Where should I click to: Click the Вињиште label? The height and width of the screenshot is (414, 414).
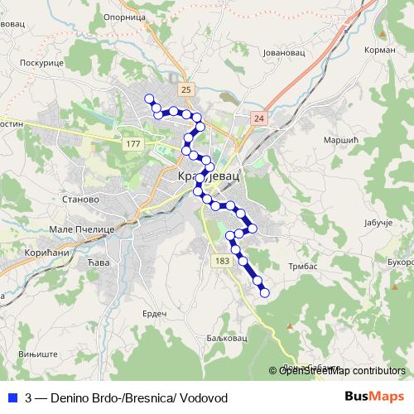(x=38, y=353)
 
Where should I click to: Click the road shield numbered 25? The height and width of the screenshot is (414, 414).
(x=185, y=89)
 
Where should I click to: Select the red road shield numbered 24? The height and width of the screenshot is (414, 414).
(x=260, y=118)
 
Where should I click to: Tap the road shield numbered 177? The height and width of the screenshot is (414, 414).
(x=132, y=144)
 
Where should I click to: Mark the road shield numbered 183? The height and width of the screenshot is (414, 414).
(x=221, y=261)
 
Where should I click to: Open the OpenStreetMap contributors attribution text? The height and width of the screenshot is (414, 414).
(x=343, y=371)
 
